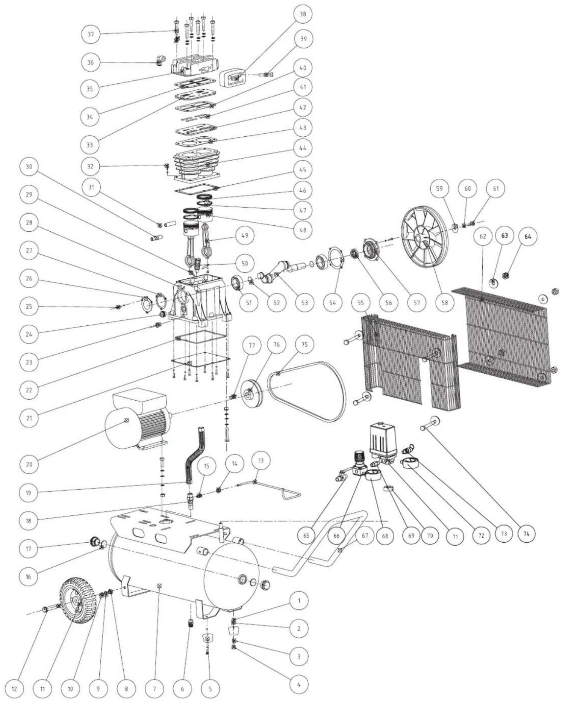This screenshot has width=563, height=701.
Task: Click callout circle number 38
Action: click(303, 14)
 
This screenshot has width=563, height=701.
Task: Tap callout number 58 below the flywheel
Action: click(445, 302)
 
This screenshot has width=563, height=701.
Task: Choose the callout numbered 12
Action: click(14, 689)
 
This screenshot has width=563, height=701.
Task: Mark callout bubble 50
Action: click(245, 263)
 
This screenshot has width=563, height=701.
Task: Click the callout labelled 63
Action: click(504, 236)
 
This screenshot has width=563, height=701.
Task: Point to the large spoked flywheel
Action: click(424, 236)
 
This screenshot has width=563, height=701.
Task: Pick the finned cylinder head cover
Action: click(195, 66)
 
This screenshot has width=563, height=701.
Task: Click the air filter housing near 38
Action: click(232, 78)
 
